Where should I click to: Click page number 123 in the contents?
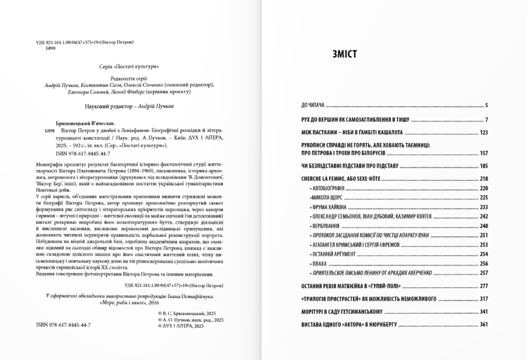point(483,133)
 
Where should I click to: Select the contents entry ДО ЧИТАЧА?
point(312,106)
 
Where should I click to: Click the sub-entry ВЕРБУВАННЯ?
point(325,226)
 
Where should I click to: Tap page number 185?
point(483,166)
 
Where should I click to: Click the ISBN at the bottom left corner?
point(64,325)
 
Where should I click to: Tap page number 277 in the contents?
point(483,286)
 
